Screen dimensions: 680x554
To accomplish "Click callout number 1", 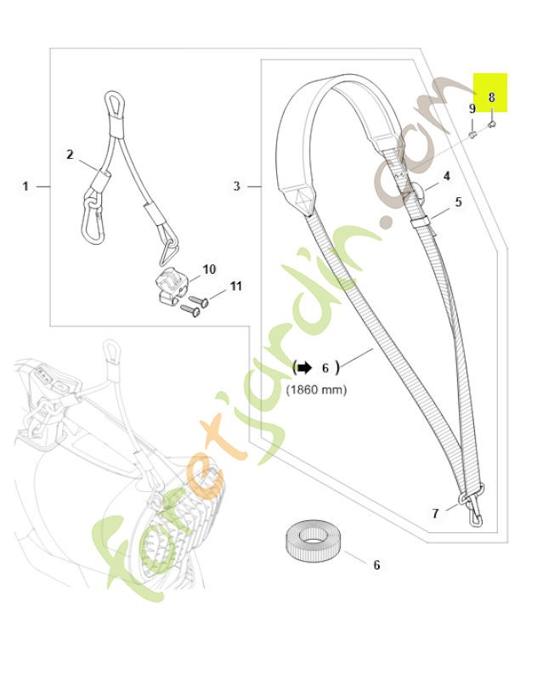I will pyautogui.click(x=25, y=185).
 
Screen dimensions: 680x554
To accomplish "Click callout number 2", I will pyautogui.click(x=71, y=154).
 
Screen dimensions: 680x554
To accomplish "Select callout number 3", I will pyautogui.click(x=236, y=185).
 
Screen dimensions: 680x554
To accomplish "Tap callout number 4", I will pyautogui.click(x=446, y=177).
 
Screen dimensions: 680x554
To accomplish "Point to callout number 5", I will pyautogui.click(x=458, y=202).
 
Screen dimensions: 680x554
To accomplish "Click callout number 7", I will pyautogui.click(x=435, y=513).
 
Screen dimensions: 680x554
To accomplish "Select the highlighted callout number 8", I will pyautogui.click(x=491, y=97).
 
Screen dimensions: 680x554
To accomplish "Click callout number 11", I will pyautogui.click(x=236, y=286).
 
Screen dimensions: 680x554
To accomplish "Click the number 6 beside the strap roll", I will pyautogui.click(x=376, y=564).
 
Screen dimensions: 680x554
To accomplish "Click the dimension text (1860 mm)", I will pyautogui.click(x=316, y=389).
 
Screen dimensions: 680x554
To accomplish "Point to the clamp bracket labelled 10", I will pyautogui.click(x=168, y=285).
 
